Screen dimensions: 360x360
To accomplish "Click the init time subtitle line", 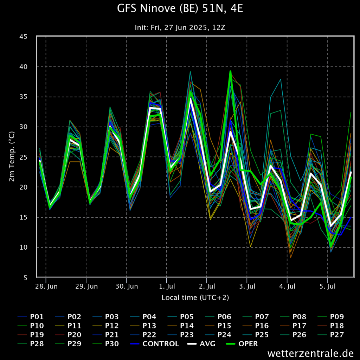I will tap(180, 27).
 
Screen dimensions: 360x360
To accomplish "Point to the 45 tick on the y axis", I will tap(28, 37).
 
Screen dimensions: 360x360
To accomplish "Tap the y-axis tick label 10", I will tap(28, 247).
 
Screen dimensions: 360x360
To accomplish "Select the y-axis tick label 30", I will tap(28, 127).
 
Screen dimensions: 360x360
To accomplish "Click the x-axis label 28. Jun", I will tap(46, 287).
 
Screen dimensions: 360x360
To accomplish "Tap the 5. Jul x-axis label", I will tap(327, 287).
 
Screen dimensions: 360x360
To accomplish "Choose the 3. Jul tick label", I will tap(247, 287).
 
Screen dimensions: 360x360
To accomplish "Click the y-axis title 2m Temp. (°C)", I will tap(12, 157).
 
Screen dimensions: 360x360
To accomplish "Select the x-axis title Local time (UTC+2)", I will tap(195, 298).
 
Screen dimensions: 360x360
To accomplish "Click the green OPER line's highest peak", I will tap(230, 71).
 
